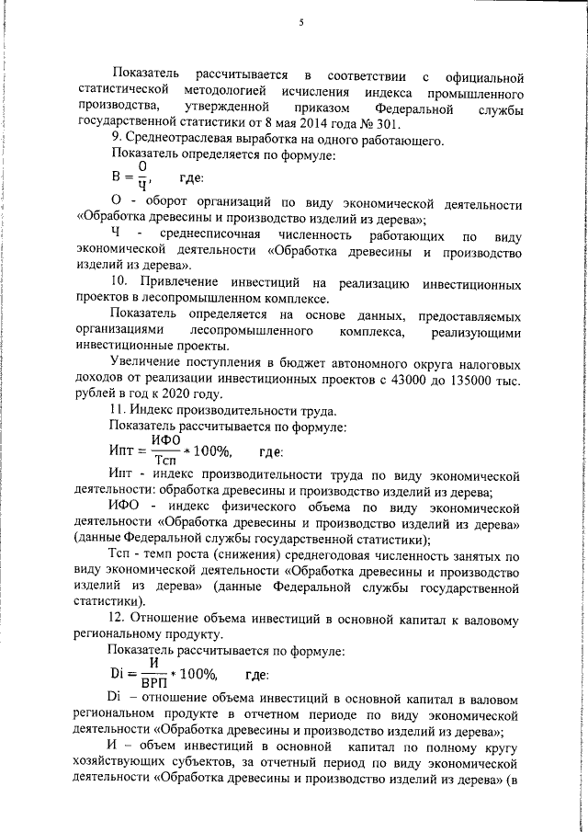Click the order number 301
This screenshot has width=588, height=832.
[388, 125]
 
